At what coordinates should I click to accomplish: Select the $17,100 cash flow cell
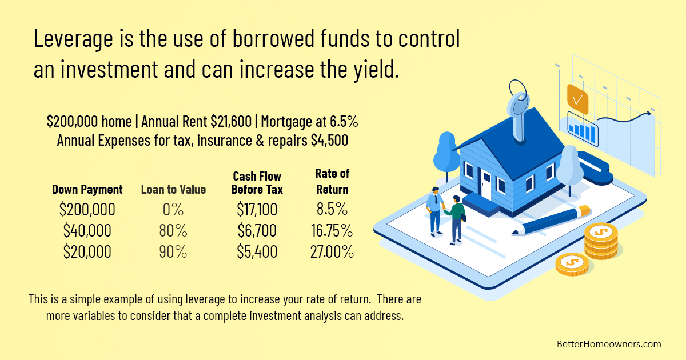coord(257,210)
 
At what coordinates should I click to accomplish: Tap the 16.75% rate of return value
coord(331,231)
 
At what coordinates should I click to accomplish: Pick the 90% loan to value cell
coord(173,251)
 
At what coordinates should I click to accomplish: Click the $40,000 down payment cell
coord(87,231)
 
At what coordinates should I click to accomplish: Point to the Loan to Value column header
coord(173,189)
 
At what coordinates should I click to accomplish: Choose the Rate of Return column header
coord(332,181)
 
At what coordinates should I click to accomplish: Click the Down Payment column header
coord(87,189)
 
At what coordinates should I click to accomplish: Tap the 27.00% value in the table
coord(332,251)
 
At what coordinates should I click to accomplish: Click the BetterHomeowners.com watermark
coord(608,344)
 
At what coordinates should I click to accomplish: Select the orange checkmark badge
coord(577,98)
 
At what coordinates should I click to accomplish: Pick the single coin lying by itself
coord(572,263)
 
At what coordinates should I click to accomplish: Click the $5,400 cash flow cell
coord(257,251)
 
